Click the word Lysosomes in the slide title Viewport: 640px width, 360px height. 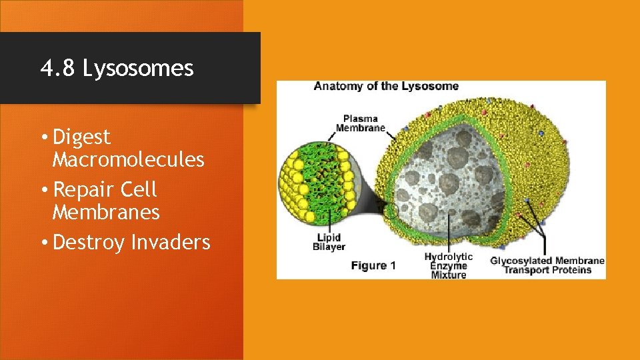[x=138, y=68]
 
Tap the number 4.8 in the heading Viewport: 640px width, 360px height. [x=59, y=68]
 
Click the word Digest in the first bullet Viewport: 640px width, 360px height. [x=81, y=137]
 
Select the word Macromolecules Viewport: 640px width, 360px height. [x=128, y=160]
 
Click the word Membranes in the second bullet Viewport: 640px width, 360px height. [x=106, y=213]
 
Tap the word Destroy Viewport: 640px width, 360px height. [x=88, y=242]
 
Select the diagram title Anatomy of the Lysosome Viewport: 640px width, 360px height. [x=386, y=86]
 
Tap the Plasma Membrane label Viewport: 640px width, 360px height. [x=360, y=123]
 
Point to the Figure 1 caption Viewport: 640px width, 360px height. [x=373, y=265]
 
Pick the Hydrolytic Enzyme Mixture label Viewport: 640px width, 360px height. [x=448, y=265]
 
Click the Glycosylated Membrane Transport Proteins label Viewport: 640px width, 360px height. [x=547, y=265]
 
